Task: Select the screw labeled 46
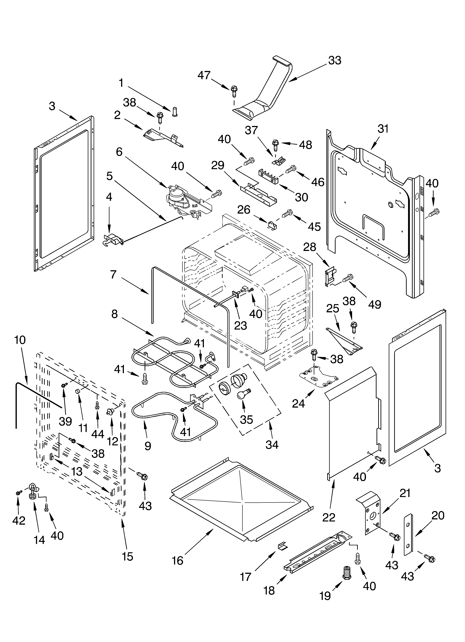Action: point(291,170)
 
